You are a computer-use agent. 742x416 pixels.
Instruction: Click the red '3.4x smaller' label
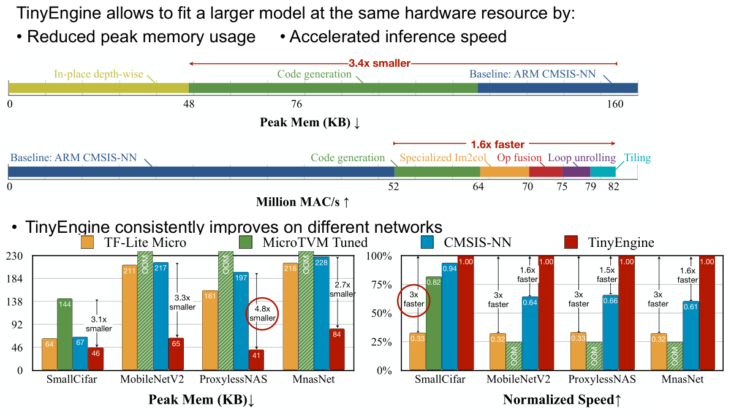[379, 62]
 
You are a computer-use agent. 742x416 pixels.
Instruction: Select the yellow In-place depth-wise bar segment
[98, 88]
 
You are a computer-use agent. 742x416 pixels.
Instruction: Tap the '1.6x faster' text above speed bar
[498, 145]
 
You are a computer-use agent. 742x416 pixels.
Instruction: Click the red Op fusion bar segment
[545, 172]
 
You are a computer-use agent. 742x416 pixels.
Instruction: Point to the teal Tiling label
[637, 158]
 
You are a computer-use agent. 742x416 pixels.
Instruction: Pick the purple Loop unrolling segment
[576, 172]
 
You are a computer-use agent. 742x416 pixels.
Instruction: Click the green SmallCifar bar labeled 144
[65, 334]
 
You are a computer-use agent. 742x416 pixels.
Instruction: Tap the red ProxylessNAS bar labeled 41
[257, 360]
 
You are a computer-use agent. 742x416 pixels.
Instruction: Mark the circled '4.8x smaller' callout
[262, 314]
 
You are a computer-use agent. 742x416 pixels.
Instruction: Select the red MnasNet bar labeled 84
[337, 349]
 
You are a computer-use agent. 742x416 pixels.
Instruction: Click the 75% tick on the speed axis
[384, 285]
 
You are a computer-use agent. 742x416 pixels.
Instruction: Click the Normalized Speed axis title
[562, 400]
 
